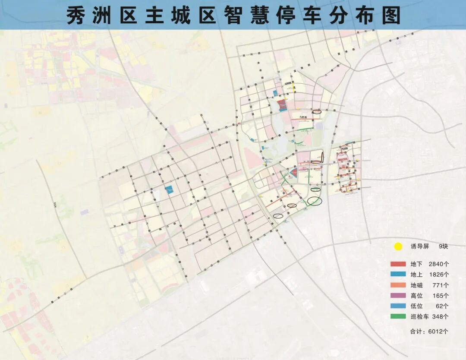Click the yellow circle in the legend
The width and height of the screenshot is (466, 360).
(x=398, y=247)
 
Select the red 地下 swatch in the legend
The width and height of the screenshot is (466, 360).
(x=398, y=264)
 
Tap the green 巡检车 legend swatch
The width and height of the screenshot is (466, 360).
(x=398, y=316)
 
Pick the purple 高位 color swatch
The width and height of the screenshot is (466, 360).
(x=398, y=296)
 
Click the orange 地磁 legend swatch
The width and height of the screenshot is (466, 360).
(x=398, y=285)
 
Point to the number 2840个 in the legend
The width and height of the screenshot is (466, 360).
(x=439, y=264)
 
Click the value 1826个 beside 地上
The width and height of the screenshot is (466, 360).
(x=439, y=275)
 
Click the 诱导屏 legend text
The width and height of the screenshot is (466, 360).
(x=419, y=247)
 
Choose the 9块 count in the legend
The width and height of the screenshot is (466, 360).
(x=444, y=247)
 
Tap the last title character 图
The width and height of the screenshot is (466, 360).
(x=390, y=16)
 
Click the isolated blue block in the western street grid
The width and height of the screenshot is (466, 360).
(x=169, y=189)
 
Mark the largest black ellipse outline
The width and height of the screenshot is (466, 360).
(x=315, y=201)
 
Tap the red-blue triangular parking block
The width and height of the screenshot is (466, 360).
(x=293, y=173)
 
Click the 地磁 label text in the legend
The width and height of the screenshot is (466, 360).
(x=416, y=285)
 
